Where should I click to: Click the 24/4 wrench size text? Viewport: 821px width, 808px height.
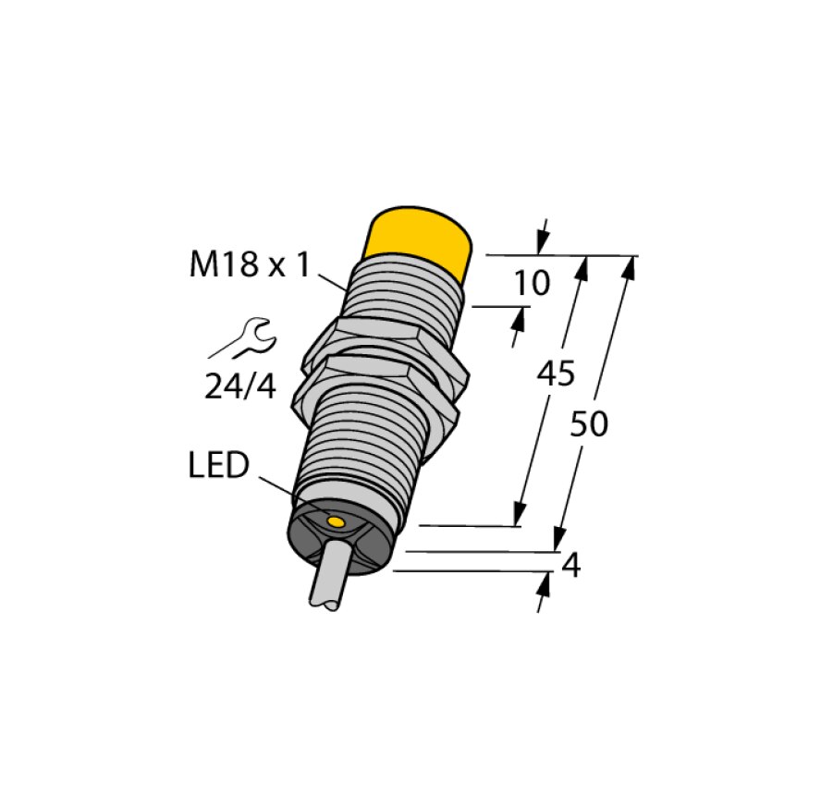240,386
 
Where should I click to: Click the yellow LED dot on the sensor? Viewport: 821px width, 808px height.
337,524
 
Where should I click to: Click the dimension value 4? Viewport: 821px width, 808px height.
571,565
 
